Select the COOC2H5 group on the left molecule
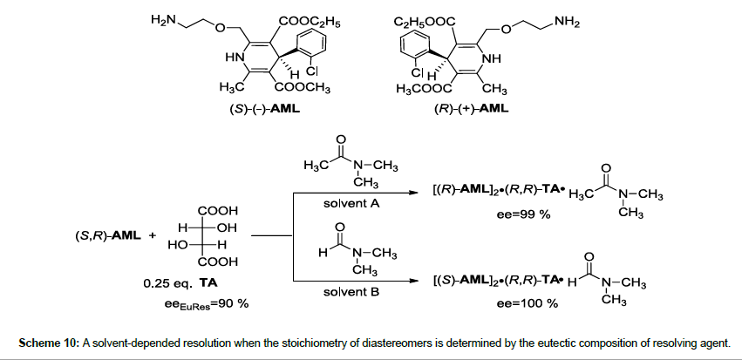(x=308, y=19)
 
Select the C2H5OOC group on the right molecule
(x=425, y=19)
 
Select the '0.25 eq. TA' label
(x=182, y=283)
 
